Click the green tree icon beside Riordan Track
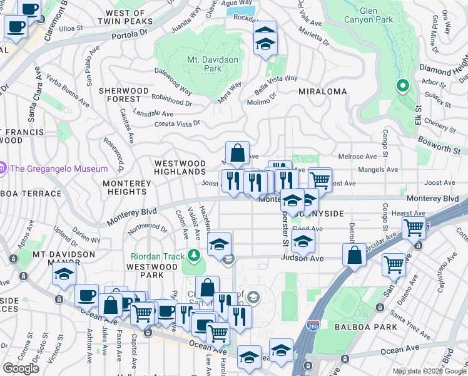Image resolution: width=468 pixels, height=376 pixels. pos(195,255)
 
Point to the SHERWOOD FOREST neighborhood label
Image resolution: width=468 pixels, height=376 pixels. pos(123,95)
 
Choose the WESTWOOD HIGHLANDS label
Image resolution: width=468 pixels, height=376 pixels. pos(180,167)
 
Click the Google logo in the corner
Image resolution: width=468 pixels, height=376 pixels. pos(21,368)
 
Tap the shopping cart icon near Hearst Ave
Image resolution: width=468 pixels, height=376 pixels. pos(414,228)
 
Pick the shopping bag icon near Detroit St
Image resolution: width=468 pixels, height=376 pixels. pos(354,255)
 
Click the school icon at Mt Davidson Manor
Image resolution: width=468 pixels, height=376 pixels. pos(64,274)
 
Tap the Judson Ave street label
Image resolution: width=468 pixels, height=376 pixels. pos(302,258)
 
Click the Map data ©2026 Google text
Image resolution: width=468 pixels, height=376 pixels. pos(429,371)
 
